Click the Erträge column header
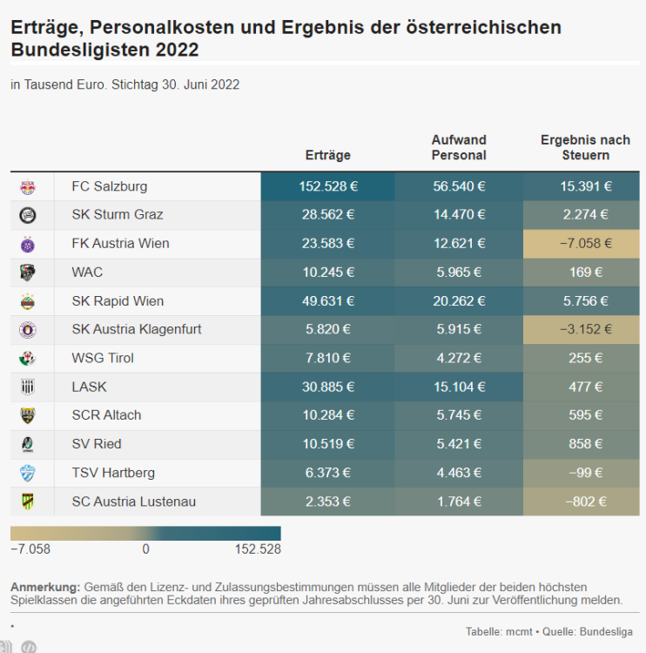coord(328,155)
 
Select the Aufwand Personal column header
coord(459,147)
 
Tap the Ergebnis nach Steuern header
coord(585,147)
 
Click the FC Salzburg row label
coord(109,186)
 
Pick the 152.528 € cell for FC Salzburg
coord(328,186)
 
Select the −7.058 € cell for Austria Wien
coord(585,244)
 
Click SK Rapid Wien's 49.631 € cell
coord(328,301)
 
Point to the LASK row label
coord(89,387)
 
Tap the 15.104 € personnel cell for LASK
coord(459,387)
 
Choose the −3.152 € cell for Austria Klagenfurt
coord(585,330)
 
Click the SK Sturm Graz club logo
coord(28,215)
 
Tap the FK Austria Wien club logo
coord(28,244)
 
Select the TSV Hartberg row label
coord(113,473)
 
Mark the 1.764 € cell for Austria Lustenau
coord(459,502)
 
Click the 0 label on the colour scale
coord(145,549)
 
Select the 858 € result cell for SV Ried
coord(585,444)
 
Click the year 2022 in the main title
coord(177,50)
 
